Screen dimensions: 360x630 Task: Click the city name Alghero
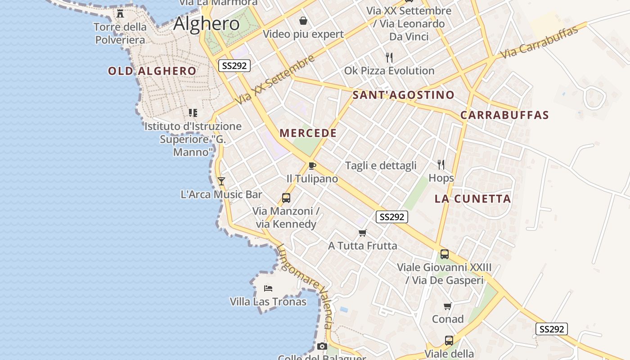[207, 23]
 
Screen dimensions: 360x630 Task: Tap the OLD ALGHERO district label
[152, 71]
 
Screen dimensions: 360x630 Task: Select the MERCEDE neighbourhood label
[308, 133]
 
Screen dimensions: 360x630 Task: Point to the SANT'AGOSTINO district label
[403, 95]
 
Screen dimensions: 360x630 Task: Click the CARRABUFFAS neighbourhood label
[504, 115]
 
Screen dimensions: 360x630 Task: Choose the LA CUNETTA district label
[473, 198]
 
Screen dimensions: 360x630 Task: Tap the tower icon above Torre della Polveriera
[120, 13]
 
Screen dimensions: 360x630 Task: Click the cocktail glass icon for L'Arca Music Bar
[221, 181]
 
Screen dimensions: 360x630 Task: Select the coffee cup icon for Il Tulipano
[312, 165]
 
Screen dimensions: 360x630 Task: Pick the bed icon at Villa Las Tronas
[268, 288]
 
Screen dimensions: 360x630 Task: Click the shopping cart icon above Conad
[447, 306]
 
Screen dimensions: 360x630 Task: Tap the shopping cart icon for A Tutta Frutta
[362, 233]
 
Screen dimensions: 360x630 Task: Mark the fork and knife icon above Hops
[441, 165]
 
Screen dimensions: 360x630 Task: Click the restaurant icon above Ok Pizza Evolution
[389, 58]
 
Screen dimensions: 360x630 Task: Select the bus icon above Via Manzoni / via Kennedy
[286, 198]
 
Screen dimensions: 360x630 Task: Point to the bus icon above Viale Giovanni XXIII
[445, 254]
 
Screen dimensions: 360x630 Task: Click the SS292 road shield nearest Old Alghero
[234, 66]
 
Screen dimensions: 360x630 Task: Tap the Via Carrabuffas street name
[539, 43]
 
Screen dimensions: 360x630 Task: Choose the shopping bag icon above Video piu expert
[304, 21]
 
